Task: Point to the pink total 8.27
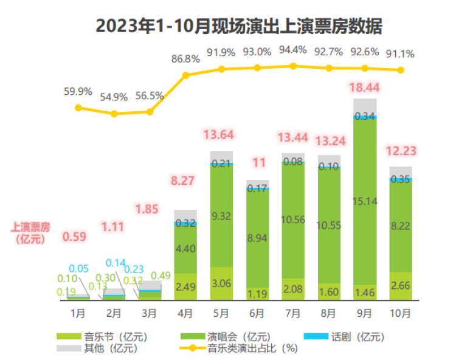click(x=185, y=180)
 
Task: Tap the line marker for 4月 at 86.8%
click(x=186, y=75)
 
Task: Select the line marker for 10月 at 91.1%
click(x=401, y=70)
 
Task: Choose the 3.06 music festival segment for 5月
click(x=222, y=284)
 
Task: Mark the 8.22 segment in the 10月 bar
click(x=401, y=225)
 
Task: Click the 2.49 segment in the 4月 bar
click(x=186, y=286)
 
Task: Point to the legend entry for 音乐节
click(x=101, y=336)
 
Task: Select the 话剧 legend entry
click(x=343, y=336)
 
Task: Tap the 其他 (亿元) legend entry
click(x=101, y=348)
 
